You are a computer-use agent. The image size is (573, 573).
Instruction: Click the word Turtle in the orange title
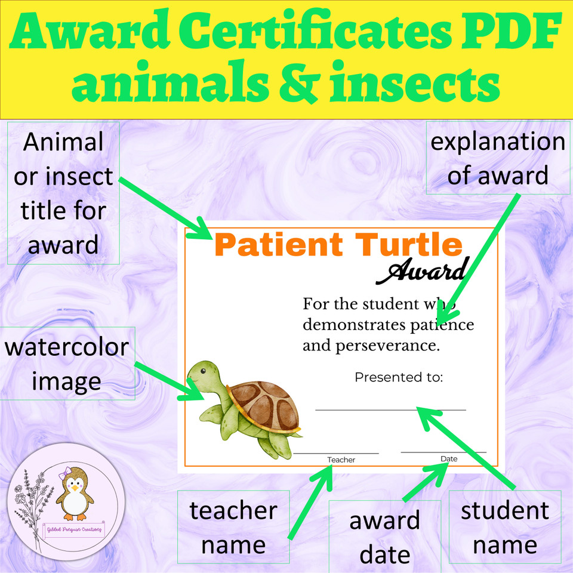[x=407, y=245]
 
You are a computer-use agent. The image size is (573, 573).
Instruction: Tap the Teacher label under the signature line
[x=341, y=460]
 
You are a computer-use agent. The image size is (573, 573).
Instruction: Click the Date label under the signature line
[x=449, y=458]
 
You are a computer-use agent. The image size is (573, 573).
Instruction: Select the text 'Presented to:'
[x=399, y=377]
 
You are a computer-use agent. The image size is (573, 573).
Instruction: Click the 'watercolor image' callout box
[x=67, y=363]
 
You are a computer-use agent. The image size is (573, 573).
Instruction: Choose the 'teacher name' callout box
[x=233, y=527]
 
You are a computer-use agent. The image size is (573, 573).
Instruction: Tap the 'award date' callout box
[x=385, y=537]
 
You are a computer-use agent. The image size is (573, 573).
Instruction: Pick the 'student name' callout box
[x=505, y=527]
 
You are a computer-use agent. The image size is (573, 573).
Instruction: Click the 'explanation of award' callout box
[x=498, y=158]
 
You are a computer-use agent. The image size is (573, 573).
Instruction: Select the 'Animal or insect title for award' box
[x=63, y=193]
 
